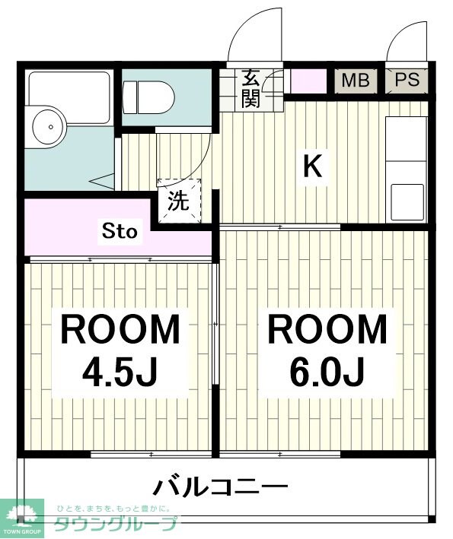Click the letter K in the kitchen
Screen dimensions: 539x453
click(312, 166)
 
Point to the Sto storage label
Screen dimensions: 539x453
click(120, 231)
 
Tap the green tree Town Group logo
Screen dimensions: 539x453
click(22, 512)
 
